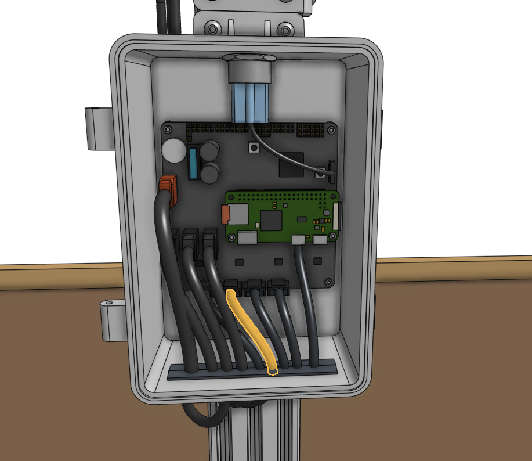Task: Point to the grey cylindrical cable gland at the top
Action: (x=249, y=70)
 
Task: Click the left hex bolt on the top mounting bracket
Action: (x=213, y=28)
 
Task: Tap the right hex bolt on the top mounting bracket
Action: (x=285, y=29)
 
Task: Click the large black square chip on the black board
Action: (x=291, y=164)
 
